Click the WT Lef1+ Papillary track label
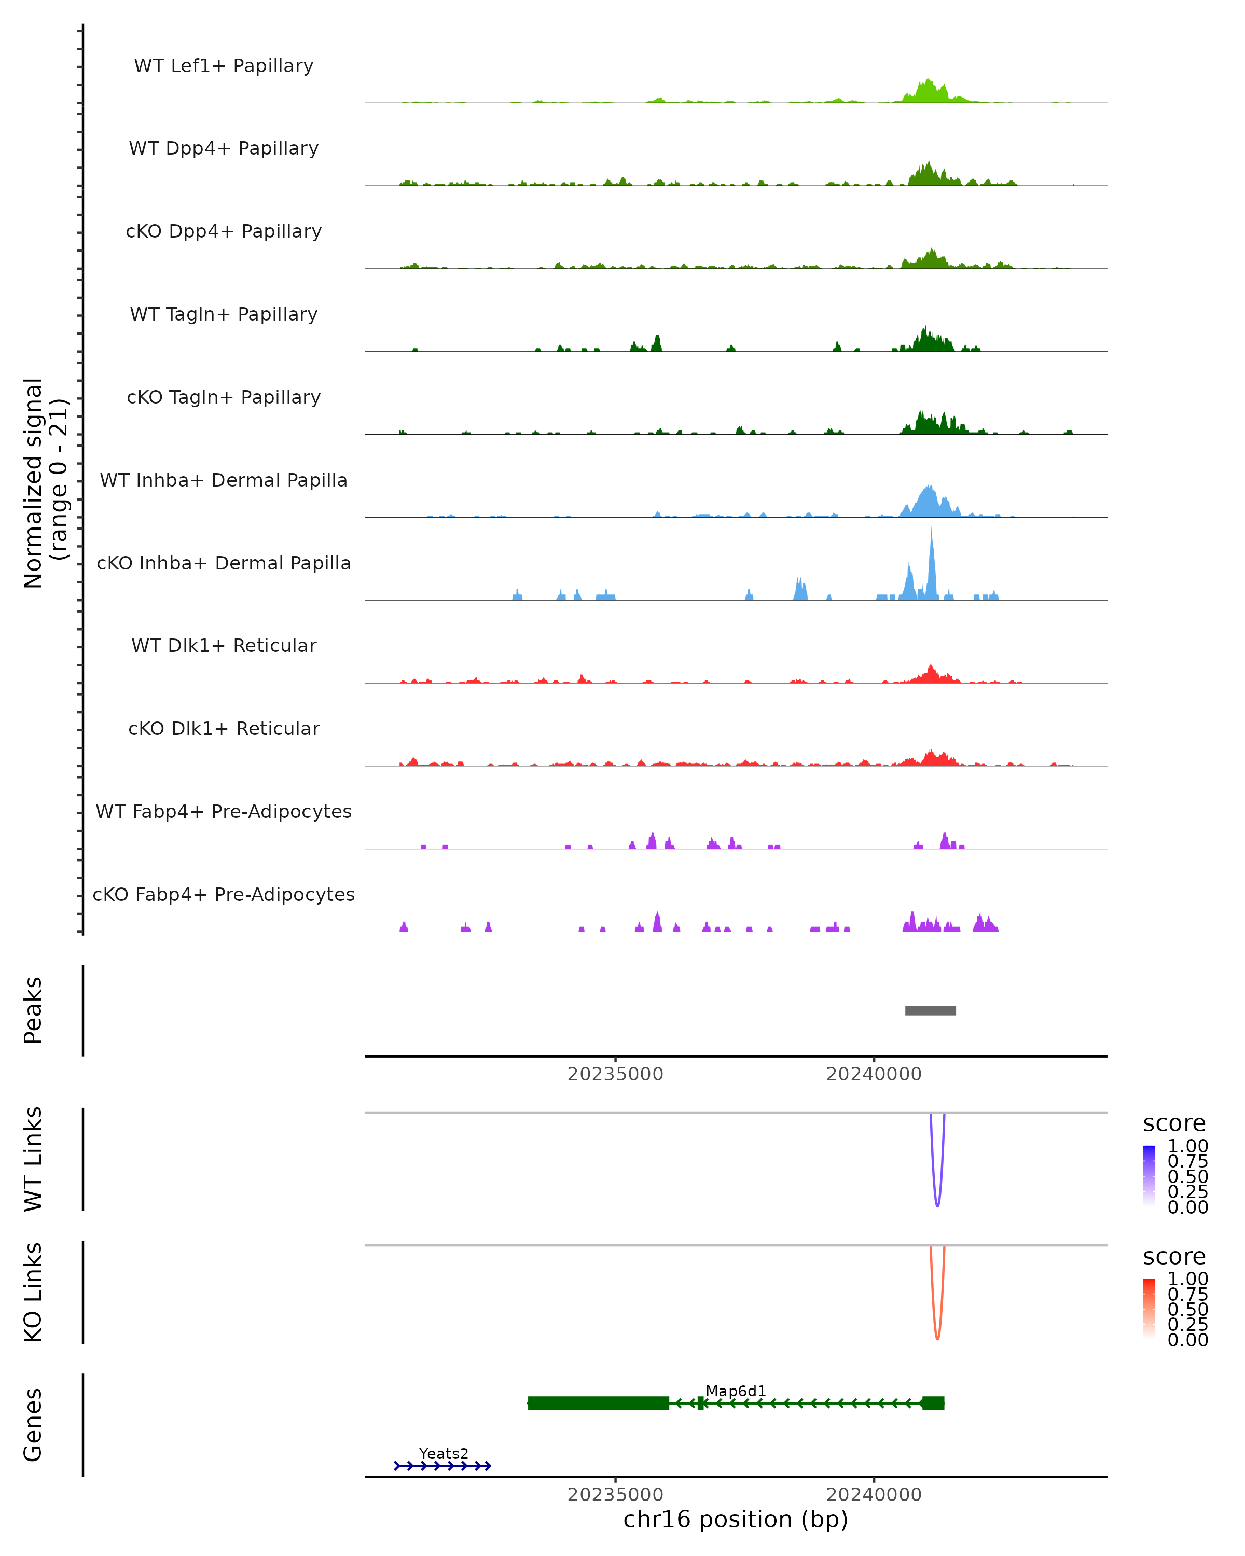click(x=224, y=66)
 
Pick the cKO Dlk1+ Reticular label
click(x=224, y=728)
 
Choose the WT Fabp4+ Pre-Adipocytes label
click(x=224, y=811)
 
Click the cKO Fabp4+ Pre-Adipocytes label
click(x=224, y=894)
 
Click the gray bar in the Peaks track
click(x=930, y=1010)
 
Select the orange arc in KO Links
click(x=937, y=1337)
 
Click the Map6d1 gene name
click(x=736, y=1391)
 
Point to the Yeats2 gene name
click(x=443, y=1453)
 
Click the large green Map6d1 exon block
click(x=598, y=1403)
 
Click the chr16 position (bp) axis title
click(x=736, y=1520)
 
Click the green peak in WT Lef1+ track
click(x=928, y=92)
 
